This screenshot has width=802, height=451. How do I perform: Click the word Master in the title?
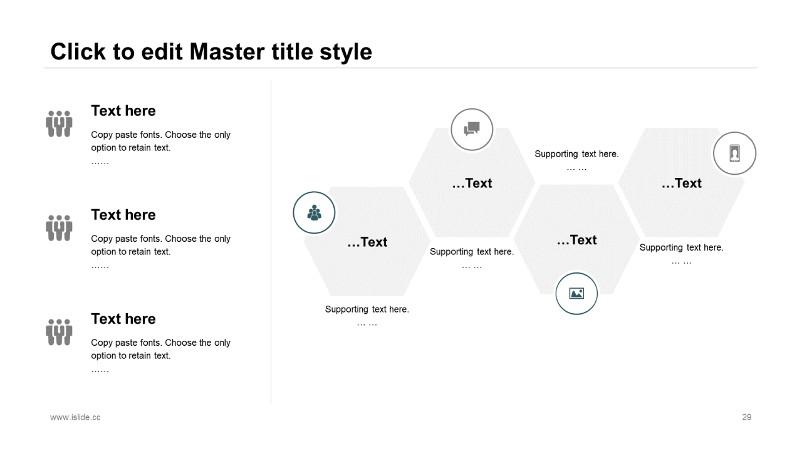[227, 51]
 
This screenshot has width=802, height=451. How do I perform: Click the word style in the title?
[345, 53]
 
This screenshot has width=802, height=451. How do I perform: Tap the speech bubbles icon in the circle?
[472, 129]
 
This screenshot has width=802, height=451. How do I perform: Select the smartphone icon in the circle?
[734, 153]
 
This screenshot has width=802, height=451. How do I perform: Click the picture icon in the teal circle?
[576, 294]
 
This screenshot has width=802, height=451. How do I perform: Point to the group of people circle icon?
[314, 212]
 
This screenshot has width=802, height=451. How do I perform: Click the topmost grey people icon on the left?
[59, 124]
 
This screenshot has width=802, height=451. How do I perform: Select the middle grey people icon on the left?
[59, 228]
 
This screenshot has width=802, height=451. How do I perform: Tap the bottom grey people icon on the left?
[59, 332]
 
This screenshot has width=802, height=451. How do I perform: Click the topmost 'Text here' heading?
[123, 111]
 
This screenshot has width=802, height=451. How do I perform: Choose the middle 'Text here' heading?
[123, 215]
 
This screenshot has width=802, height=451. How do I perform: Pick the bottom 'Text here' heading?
[123, 319]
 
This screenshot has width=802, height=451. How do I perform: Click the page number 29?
[746, 417]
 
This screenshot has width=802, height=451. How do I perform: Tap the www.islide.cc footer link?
[75, 417]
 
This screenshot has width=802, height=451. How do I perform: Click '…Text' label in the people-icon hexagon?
[367, 242]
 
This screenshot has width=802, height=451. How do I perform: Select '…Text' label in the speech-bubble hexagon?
[472, 184]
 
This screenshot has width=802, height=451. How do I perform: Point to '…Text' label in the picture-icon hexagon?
[576, 240]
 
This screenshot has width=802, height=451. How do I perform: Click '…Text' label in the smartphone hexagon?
[681, 184]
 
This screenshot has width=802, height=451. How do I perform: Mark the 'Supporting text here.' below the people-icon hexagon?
[367, 309]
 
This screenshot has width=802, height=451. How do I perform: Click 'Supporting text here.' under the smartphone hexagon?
[681, 247]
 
